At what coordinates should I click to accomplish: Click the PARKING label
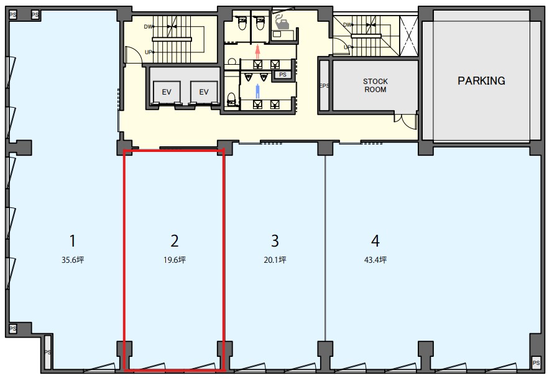(x=481, y=81)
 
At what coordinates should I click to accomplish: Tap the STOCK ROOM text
(x=375, y=85)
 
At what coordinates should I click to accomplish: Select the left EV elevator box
(x=167, y=92)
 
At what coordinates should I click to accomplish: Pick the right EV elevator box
(x=204, y=92)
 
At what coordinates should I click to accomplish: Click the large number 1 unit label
(x=73, y=241)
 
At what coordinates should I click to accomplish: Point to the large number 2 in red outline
(x=174, y=241)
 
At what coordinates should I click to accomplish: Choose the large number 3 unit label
(x=275, y=241)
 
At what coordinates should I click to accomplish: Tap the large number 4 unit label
(x=375, y=241)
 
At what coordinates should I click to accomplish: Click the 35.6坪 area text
(x=73, y=260)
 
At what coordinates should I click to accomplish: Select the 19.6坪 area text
(x=174, y=260)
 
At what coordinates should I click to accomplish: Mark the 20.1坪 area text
(x=275, y=260)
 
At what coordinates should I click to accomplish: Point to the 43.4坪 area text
(x=375, y=260)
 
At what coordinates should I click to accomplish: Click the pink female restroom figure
(x=258, y=52)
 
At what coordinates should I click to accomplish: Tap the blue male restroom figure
(x=258, y=92)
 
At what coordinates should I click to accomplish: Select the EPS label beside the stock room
(x=324, y=86)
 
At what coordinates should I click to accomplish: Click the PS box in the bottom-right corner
(x=536, y=363)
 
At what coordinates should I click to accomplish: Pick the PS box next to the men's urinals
(x=283, y=75)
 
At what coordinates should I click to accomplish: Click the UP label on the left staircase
(x=149, y=52)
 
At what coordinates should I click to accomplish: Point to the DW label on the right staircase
(x=347, y=25)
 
